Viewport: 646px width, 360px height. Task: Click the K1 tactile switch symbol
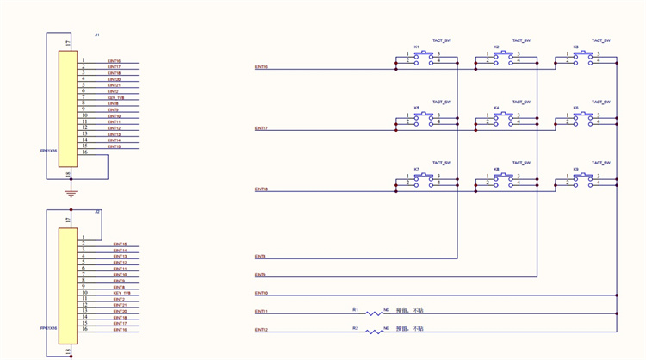coord(424,57)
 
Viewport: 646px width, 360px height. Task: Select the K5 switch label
coord(416,108)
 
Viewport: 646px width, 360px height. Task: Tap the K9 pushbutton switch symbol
coord(583,179)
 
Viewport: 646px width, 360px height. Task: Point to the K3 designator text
coord(575,47)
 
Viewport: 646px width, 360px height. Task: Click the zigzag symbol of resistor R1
coord(374,313)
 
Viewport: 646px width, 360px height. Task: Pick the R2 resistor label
coord(355,328)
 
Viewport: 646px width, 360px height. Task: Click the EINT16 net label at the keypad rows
coord(261,66)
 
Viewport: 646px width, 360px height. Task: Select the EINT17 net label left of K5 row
coord(261,128)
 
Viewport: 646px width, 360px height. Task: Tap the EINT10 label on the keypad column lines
coord(261,293)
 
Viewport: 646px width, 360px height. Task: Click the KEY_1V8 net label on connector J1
coord(116,97)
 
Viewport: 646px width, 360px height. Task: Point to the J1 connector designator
coord(97,34)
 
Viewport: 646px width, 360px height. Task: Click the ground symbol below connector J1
coord(71,194)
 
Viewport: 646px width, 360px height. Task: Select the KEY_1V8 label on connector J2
coord(121,293)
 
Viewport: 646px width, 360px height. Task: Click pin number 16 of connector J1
coord(84,152)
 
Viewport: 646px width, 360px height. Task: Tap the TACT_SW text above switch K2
coord(521,40)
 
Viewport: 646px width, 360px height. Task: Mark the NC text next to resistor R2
coord(387,328)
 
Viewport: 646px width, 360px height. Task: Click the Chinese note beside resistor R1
coord(409,311)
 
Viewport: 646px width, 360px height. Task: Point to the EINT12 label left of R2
coord(261,330)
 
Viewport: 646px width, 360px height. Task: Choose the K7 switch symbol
coord(424,179)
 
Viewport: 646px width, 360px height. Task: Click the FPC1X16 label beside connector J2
coord(48,327)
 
